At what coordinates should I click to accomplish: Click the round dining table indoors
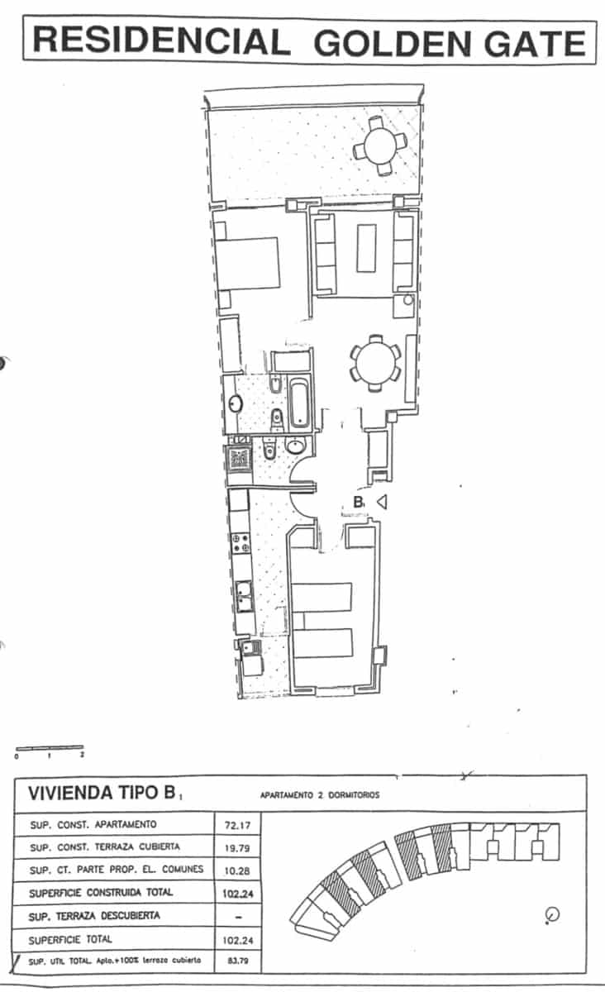click(x=376, y=362)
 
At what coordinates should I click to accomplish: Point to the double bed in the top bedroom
click(x=247, y=264)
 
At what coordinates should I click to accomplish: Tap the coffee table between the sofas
click(x=368, y=249)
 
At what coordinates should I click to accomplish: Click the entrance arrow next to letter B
click(x=382, y=501)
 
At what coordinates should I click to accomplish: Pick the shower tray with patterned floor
click(x=240, y=456)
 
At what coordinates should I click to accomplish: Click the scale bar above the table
click(x=50, y=747)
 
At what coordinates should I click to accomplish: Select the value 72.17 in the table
click(x=236, y=824)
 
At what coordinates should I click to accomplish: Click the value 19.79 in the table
click(x=236, y=847)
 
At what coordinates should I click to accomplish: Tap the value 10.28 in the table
click(x=236, y=870)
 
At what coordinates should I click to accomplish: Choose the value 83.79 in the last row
click(x=236, y=961)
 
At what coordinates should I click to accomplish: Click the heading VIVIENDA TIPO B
click(x=102, y=794)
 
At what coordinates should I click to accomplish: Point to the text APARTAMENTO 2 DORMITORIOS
click(x=319, y=794)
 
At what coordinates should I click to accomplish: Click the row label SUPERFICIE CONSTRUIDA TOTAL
click(x=101, y=893)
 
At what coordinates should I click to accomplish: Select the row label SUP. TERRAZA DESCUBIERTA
click(x=94, y=916)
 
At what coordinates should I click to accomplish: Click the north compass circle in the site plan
click(x=553, y=914)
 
